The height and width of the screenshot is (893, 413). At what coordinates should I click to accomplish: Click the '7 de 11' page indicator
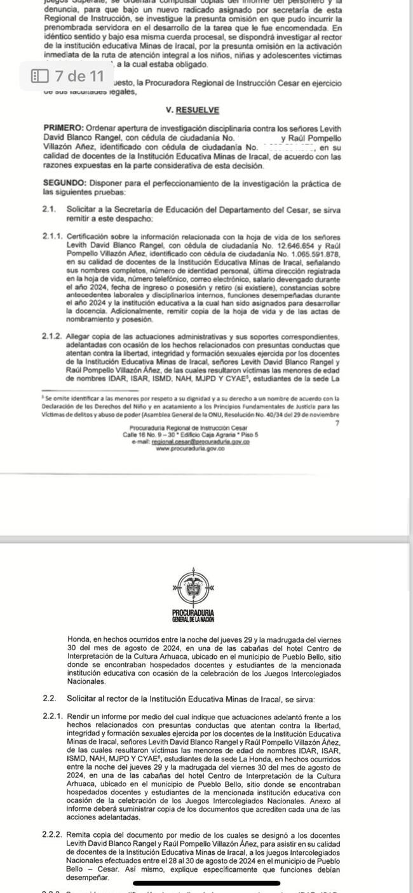click(79, 76)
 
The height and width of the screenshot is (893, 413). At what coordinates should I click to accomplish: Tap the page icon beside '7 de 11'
click(39, 76)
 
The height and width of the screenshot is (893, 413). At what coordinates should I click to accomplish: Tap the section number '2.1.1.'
click(52, 235)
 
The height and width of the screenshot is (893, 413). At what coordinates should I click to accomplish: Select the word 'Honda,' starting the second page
click(79, 637)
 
